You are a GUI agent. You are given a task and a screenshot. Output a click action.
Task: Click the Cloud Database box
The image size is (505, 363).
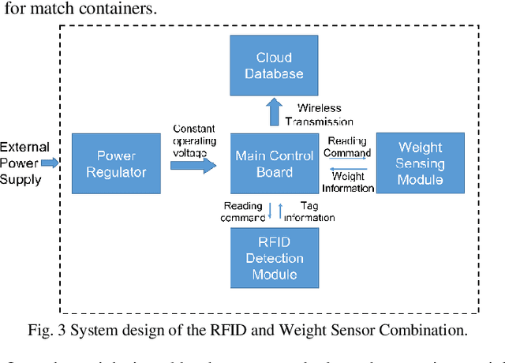pos(268,65)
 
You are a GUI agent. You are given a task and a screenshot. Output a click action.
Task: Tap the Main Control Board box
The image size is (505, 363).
pos(275,163)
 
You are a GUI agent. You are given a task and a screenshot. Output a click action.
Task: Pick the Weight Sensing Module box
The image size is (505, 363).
pos(421,163)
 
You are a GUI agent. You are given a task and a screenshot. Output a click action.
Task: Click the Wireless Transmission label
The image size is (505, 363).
pos(324,114)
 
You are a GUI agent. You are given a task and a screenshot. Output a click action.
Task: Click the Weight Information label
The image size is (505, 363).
pos(348,182)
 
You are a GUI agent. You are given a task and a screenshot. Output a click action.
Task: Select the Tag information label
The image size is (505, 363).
pos(309,211)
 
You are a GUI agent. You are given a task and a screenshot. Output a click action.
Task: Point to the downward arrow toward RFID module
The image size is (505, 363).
pos(269,211)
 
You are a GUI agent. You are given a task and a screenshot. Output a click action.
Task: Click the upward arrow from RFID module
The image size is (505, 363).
pos(279,211)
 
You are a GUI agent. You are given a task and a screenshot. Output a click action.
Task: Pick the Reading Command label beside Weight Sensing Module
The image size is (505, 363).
pos(348,147)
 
